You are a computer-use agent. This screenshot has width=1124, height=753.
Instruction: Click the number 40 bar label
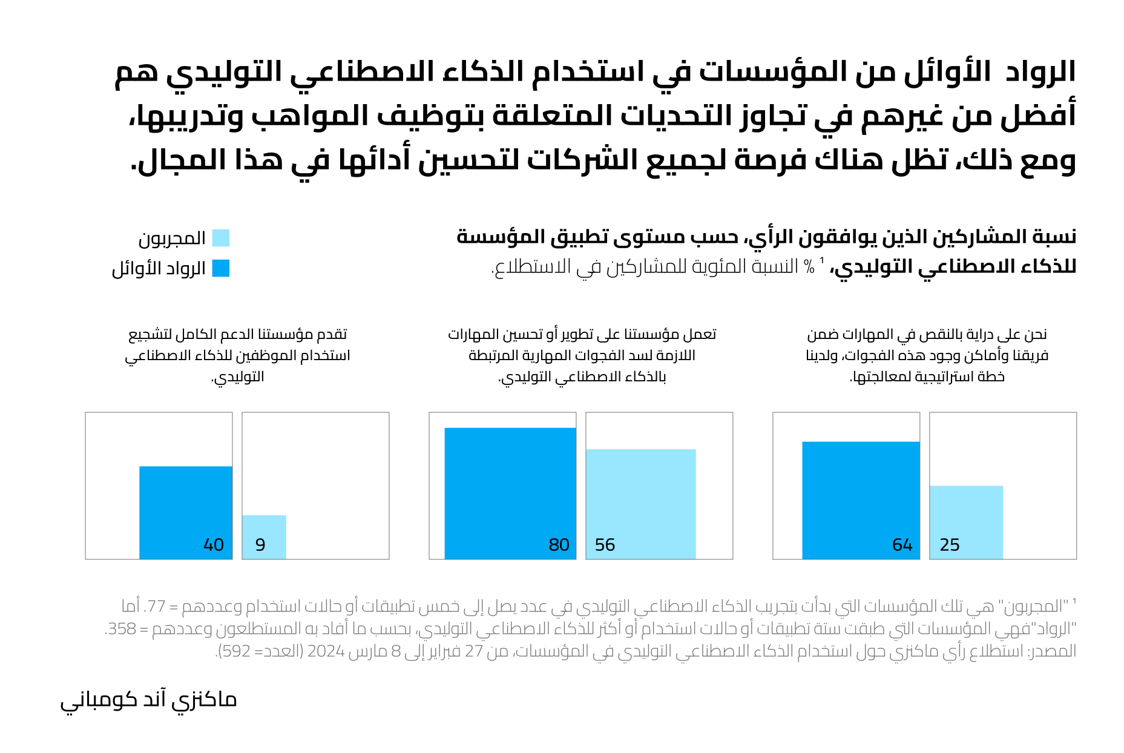click(x=214, y=545)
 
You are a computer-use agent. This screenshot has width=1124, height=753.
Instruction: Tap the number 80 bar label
click(x=559, y=545)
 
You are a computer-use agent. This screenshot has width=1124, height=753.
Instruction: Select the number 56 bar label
click(x=605, y=545)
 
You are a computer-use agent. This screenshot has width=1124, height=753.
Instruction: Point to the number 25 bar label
click(x=950, y=545)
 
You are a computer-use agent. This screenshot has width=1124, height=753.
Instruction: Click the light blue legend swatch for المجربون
click(x=221, y=238)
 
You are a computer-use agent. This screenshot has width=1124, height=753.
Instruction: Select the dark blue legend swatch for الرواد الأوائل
click(x=221, y=268)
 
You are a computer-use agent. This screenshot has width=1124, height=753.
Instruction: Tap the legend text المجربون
click(x=172, y=238)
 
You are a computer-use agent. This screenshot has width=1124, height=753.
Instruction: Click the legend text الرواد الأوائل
click(x=159, y=269)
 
